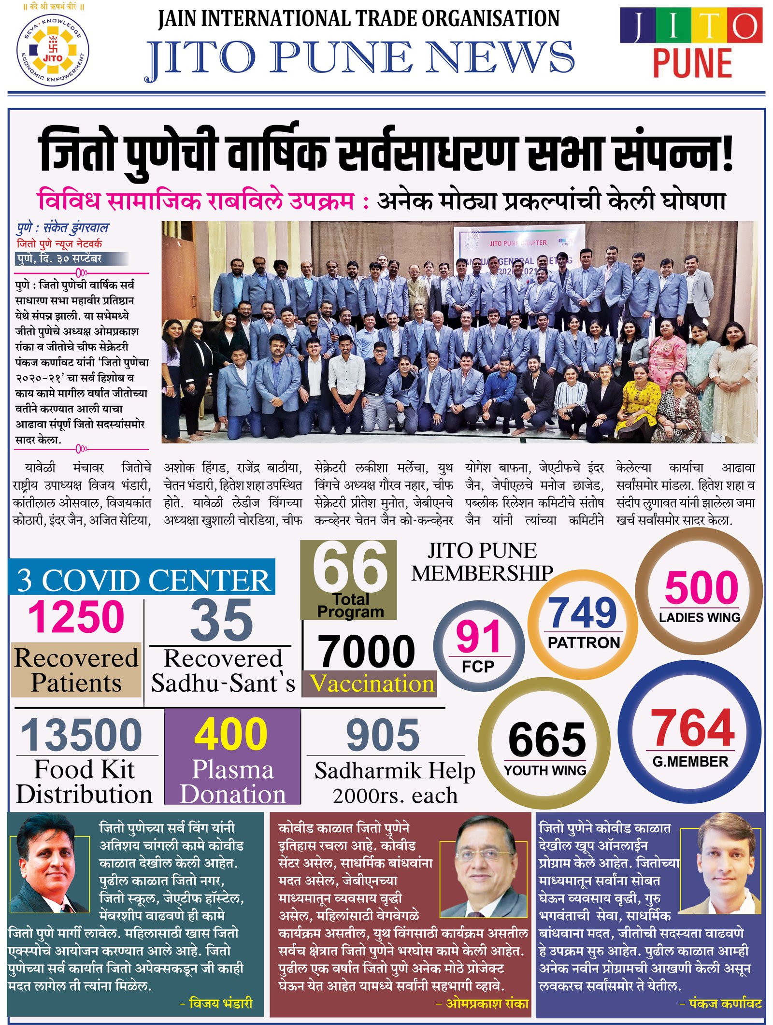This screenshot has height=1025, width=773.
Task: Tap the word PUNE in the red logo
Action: pos(692,63)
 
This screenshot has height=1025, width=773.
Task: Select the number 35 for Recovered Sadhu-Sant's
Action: pos(221,620)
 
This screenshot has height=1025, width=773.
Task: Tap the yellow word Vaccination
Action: pos(371,683)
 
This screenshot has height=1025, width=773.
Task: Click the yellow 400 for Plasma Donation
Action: pos(231,734)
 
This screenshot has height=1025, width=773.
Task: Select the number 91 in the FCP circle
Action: pos(478,637)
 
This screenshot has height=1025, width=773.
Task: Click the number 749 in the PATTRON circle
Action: pos(583,613)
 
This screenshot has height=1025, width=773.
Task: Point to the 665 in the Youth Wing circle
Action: pos(547,740)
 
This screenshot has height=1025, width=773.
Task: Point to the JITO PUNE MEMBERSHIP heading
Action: pos(482,562)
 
